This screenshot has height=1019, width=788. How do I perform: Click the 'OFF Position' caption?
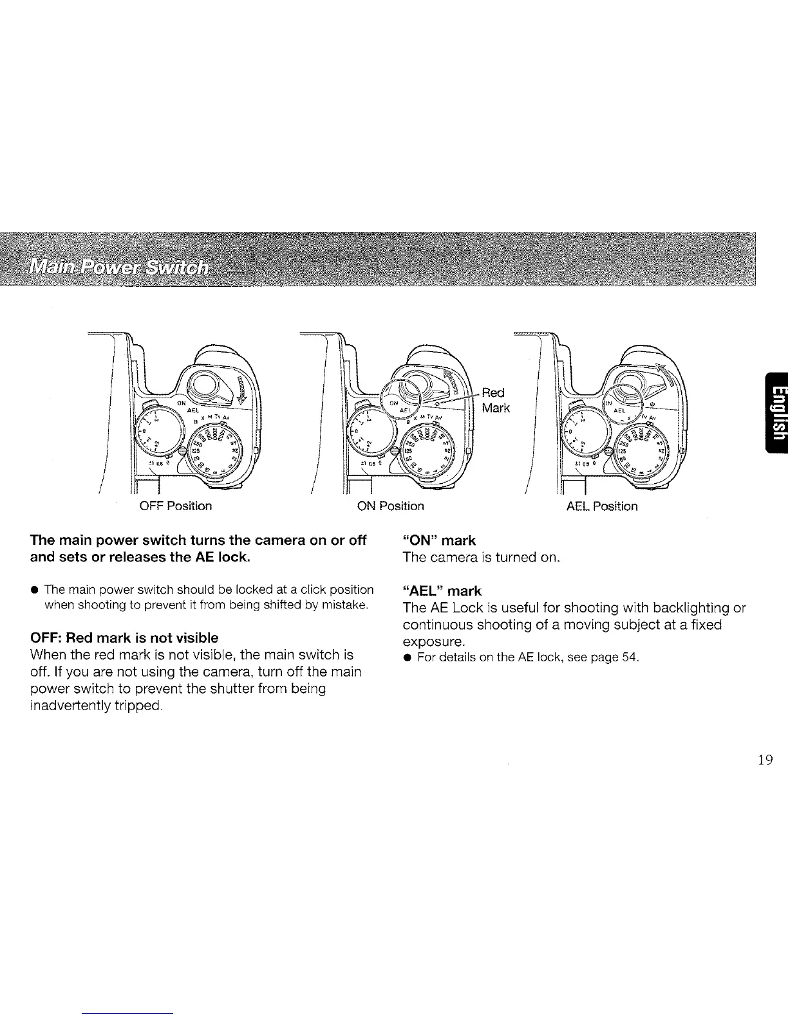coord(175,506)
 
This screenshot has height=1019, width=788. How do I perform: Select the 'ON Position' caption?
coord(390,506)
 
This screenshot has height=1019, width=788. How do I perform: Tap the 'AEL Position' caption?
coord(602,506)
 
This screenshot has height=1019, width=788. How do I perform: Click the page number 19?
coord(765,760)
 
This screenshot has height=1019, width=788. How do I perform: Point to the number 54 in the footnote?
coord(630,657)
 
